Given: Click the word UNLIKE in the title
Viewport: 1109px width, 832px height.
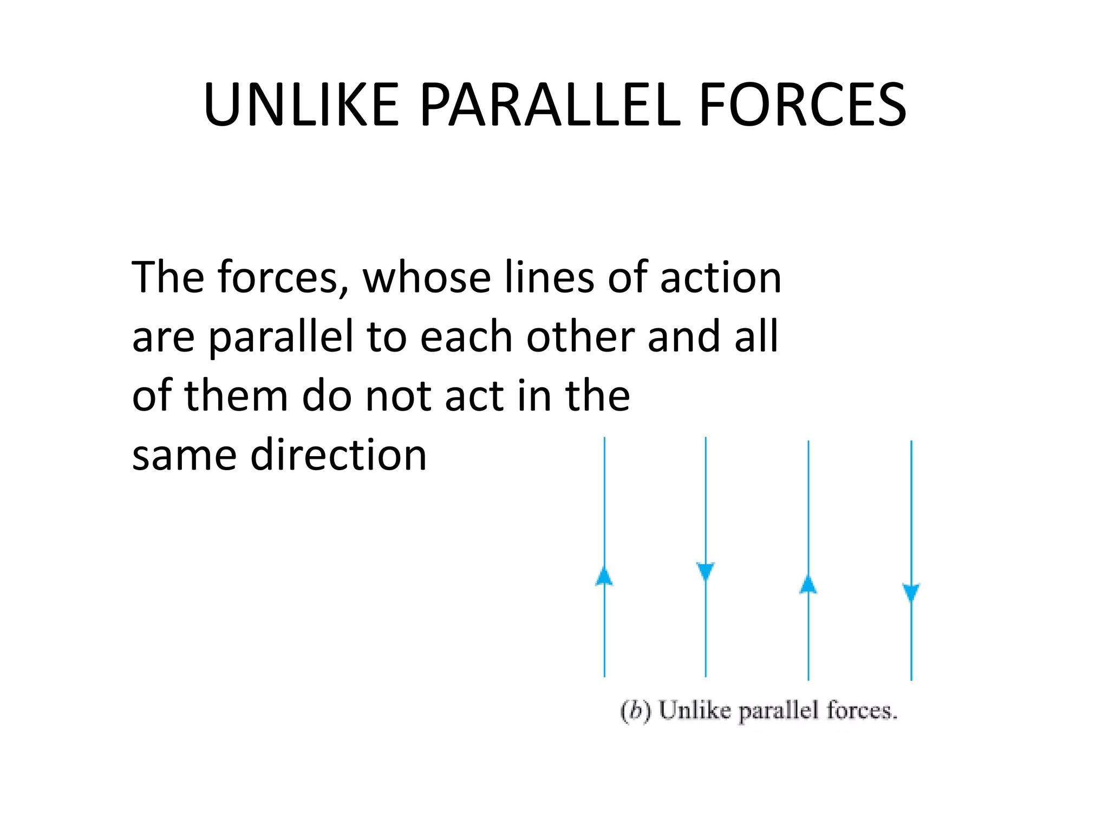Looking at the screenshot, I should (301, 105).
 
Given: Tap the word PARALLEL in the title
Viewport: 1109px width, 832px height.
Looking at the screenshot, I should (549, 105).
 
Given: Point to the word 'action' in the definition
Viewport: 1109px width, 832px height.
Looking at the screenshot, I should (721, 277).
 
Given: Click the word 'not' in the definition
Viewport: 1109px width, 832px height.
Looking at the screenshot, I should (399, 396).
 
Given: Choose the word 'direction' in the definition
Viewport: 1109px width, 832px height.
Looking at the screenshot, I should (338, 454).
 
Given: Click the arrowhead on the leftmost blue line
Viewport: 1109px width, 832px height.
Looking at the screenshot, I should (604, 576).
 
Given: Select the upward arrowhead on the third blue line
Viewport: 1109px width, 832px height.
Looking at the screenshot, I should (808, 585).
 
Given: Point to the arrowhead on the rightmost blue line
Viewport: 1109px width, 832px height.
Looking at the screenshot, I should (911, 592).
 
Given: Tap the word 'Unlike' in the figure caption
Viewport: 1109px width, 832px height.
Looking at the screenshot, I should (695, 710).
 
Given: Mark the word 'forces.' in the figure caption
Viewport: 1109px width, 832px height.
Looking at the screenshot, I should (862, 710).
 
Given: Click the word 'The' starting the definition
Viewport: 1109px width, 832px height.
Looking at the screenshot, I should (168, 277).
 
